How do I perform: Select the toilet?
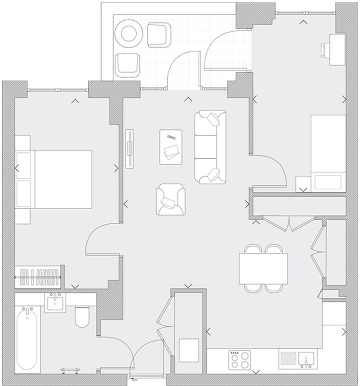[x=81, y=317]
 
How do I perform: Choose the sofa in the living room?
[x=210, y=147]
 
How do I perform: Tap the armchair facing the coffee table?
[x=170, y=200]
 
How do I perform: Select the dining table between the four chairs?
[x=263, y=268]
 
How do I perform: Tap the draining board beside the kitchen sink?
[x=288, y=359]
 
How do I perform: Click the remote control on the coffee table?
[x=171, y=136]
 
